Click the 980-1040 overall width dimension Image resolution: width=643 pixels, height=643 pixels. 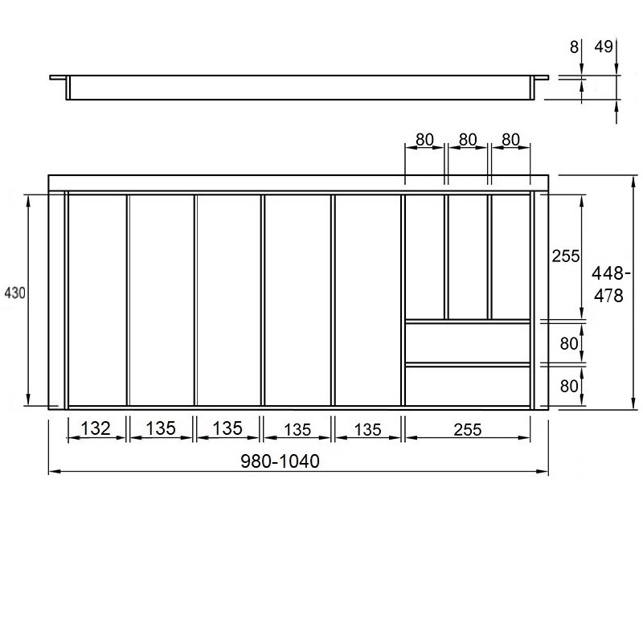280,461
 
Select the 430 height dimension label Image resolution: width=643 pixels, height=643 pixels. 14,293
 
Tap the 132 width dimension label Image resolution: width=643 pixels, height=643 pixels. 96,428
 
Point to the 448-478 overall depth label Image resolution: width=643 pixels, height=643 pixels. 610,285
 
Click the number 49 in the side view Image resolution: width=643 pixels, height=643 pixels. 604,47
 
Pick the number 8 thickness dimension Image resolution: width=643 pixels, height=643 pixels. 574,47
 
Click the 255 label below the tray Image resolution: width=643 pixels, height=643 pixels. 468,430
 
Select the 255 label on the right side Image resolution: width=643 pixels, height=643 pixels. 566,256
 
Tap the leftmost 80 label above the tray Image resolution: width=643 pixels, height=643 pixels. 424,140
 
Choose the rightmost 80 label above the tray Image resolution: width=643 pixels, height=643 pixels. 510,140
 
